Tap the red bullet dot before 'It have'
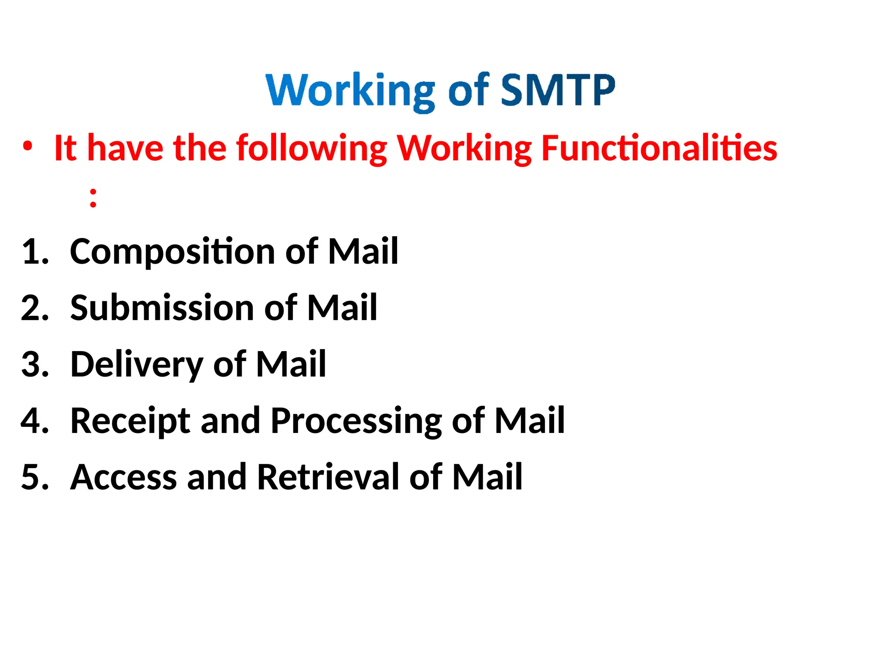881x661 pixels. [x=28, y=147]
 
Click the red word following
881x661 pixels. [x=312, y=149]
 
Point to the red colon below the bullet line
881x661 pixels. [x=93, y=198]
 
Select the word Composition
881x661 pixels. [x=172, y=252]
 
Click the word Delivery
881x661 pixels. [x=136, y=365]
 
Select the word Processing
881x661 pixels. [x=356, y=421]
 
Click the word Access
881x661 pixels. [x=123, y=477]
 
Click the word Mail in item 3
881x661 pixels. [x=291, y=364]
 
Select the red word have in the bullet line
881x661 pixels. [x=125, y=148]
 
